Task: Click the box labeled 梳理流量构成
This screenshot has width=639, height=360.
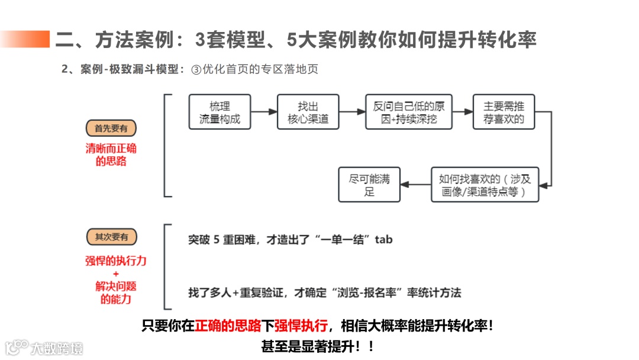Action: click(x=220, y=112)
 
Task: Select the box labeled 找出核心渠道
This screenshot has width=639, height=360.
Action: click(x=308, y=112)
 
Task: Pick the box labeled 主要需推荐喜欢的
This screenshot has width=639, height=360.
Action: click(x=504, y=112)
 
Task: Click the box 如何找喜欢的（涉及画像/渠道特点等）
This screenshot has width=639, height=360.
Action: click(x=485, y=185)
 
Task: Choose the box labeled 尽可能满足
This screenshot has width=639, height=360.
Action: click(x=369, y=185)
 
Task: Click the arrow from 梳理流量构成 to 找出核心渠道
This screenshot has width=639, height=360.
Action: click(x=264, y=112)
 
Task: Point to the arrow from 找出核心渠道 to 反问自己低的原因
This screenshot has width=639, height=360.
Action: click(x=352, y=112)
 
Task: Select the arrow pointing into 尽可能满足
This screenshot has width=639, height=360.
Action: click(x=415, y=185)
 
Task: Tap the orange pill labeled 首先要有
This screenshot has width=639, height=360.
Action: click(x=111, y=128)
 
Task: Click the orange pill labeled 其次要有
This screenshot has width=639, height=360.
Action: click(x=111, y=237)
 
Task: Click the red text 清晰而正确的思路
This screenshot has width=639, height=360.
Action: click(x=111, y=155)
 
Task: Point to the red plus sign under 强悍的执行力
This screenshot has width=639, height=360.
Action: click(x=115, y=274)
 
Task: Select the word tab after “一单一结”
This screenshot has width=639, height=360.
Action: click(x=383, y=240)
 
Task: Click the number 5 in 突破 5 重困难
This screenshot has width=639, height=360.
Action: click(x=217, y=240)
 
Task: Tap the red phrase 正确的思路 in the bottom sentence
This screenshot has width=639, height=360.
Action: click(x=228, y=326)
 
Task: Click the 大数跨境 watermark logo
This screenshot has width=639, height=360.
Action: click(x=44, y=348)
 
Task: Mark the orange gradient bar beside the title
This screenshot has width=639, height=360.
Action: click(x=25, y=40)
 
